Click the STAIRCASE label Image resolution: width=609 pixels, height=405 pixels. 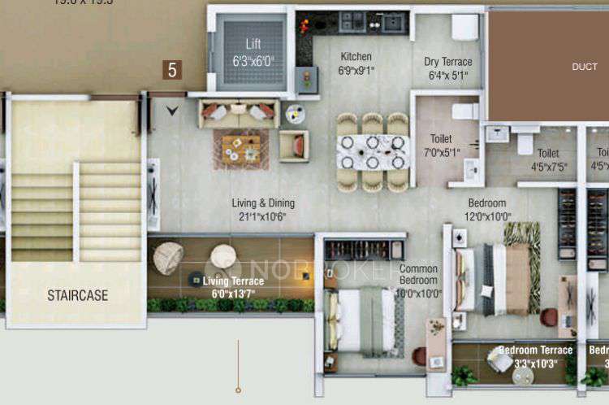pyautogui.click(x=77, y=295)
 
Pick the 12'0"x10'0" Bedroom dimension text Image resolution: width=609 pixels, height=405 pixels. pyautogui.click(x=487, y=217)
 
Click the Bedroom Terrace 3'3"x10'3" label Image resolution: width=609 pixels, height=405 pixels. pyautogui.click(x=535, y=356)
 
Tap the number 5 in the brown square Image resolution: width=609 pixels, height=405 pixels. pyautogui.click(x=171, y=71)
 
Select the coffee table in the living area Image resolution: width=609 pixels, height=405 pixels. pyautogui.click(x=241, y=149)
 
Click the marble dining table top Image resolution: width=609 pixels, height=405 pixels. pyautogui.click(x=374, y=151)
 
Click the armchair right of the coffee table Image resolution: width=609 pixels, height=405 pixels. pyautogui.click(x=294, y=146)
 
